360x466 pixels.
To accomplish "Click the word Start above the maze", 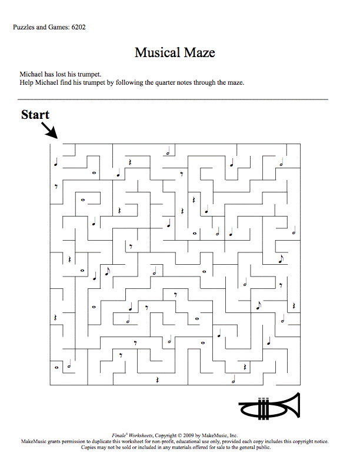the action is pyautogui.click(x=35, y=115).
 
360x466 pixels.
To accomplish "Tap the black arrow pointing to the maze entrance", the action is pyautogui.click(x=49, y=131).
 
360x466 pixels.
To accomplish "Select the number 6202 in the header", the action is pyautogui.click(x=78, y=27).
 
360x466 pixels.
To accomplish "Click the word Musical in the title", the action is pyautogui.click(x=158, y=52).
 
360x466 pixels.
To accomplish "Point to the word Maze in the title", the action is pyautogui.click(x=199, y=52).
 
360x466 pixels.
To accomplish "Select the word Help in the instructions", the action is pyautogui.click(x=26, y=82).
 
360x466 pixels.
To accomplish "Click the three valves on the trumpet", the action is pyautogui.click(x=263, y=409).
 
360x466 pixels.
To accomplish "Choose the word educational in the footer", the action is pyautogui.click(x=188, y=442).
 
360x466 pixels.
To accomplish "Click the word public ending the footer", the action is pyautogui.click(x=264, y=447).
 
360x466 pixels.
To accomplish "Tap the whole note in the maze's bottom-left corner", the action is pyautogui.click(x=56, y=368).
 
